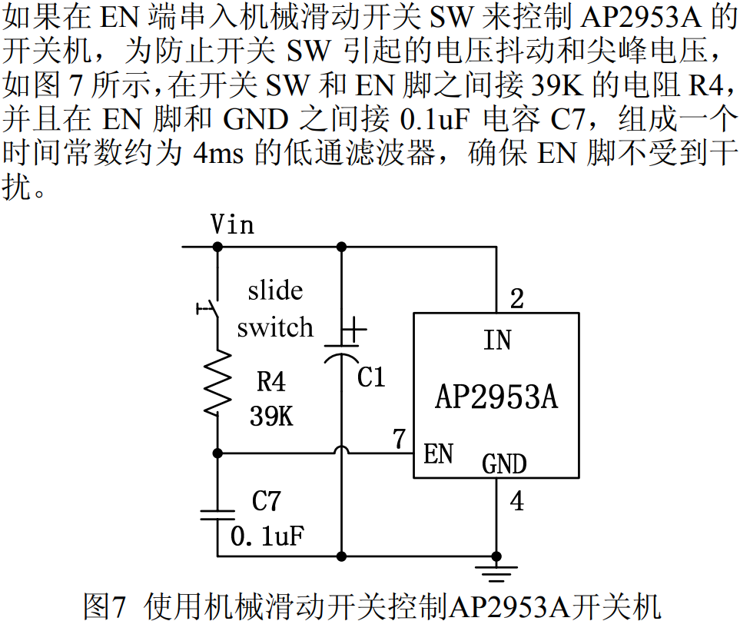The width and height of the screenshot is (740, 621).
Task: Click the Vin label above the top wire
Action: [x=232, y=225]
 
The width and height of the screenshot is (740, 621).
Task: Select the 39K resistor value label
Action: [x=270, y=416]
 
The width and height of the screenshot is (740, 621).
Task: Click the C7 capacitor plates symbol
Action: [x=217, y=513]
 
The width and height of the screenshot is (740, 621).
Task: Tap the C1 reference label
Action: [x=371, y=377]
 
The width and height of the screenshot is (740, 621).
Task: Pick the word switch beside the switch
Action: [x=275, y=328]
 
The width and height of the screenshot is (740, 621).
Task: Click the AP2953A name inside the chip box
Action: [x=496, y=397]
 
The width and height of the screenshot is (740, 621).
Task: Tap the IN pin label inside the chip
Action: [x=497, y=340]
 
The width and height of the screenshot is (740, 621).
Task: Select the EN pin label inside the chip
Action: [x=438, y=453]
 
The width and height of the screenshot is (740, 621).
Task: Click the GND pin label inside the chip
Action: [x=504, y=464]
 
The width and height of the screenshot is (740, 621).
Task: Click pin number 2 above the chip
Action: [x=517, y=298]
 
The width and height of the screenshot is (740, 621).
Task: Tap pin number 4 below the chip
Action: [x=517, y=502]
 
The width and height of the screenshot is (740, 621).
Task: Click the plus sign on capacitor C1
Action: [x=353, y=331]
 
